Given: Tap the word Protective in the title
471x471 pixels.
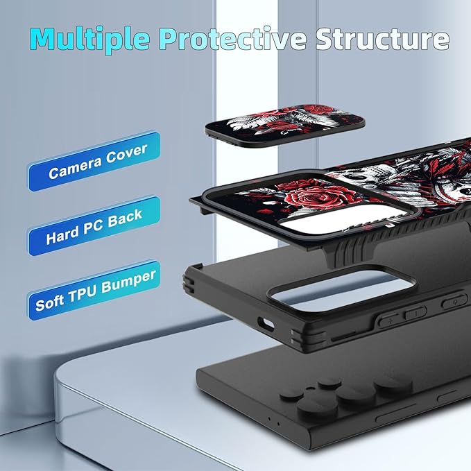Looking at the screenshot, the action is click(232, 37).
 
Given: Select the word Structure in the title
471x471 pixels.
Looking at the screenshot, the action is click(382, 39).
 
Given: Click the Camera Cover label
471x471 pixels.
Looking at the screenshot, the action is click(94, 161).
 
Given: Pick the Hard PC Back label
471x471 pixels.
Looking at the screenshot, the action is click(94, 226).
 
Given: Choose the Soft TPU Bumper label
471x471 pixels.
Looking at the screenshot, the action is click(94, 290).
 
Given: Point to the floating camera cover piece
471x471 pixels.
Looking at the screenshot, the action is click(285, 125).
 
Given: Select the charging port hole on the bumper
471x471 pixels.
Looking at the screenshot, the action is click(266, 324).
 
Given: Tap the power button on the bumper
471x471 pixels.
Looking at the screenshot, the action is click(454, 301).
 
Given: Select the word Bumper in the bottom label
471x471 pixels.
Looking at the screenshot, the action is click(128, 282).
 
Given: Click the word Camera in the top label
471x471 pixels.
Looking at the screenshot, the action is click(75, 169).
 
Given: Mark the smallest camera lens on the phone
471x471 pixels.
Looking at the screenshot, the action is click(329, 383).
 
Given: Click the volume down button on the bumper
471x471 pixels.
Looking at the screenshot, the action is click(415, 313).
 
